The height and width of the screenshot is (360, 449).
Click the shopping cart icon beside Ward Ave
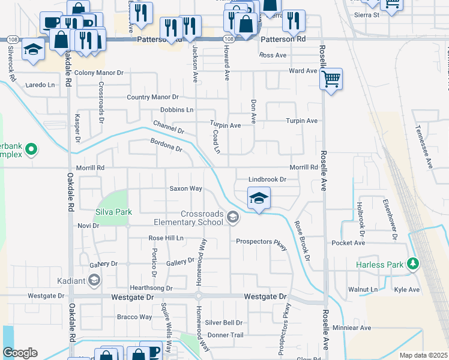pyautogui.click(x=331, y=79)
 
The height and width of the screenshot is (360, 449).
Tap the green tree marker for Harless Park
pyautogui.click(x=412, y=263)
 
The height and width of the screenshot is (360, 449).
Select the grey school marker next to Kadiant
pyautogui.click(x=94, y=280)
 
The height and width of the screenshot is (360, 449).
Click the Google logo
pyautogui.click(x=20, y=353)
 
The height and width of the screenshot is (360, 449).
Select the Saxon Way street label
pyautogui.click(x=185, y=188)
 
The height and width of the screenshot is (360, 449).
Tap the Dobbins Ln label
pyautogui.click(x=176, y=110)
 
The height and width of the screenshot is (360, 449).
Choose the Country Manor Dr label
pyautogui.click(x=153, y=97)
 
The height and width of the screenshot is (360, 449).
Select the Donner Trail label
pyautogui.click(x=226, y=335)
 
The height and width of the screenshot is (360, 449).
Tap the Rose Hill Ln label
pyautogui.click(x=166, y=238)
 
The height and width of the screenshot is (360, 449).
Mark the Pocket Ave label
pyautogui.click(x=348, y=243)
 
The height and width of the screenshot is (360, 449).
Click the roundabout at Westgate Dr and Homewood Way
pyautogui.click(x=198, y=296)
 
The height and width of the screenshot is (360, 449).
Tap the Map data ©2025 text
pyautogui.click(x=423, y=355)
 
